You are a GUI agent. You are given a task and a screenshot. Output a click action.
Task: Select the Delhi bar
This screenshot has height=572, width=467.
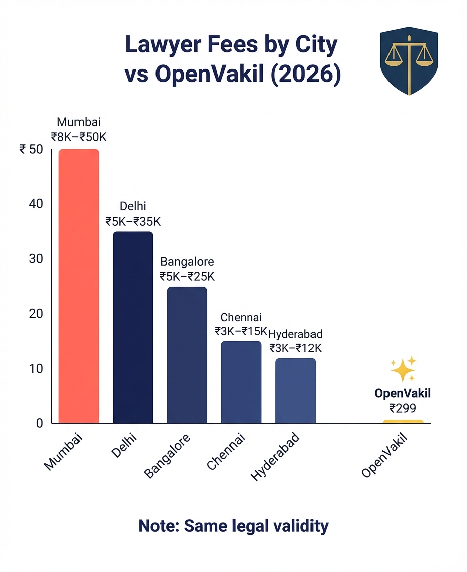click(x=133, y=327)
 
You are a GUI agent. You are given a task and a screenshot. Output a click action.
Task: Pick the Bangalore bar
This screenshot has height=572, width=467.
click(x=187, y=354)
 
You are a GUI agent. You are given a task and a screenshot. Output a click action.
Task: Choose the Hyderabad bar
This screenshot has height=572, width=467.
click(x=295, y=390)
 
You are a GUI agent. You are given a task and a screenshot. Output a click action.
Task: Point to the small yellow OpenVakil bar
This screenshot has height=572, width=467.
click(x=403, y=421)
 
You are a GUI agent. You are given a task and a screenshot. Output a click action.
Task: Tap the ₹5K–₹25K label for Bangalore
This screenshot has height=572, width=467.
click(x=187, y=276)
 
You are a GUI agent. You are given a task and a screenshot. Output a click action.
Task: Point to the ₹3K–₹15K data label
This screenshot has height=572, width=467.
click(x=241, y=331)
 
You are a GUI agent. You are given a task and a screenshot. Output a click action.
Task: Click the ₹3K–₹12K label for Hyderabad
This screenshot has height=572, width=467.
click(x=295, y=347)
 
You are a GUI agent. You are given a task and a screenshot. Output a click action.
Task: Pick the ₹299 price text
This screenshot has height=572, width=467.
click(x=403, y=408)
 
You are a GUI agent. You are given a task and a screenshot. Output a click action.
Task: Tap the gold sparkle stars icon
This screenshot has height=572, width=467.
click(x=404, y=369)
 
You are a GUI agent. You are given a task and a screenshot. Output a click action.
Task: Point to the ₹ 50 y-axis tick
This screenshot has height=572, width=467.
click(x=31, y=149)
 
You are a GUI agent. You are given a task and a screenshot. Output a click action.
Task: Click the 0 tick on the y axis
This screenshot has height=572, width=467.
click(x=39, y=423)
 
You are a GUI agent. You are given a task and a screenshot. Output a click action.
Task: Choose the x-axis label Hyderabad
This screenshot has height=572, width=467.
click(x=275, y=457)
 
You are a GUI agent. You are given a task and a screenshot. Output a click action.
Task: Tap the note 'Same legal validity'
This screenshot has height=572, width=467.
click(x=233, y=526)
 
